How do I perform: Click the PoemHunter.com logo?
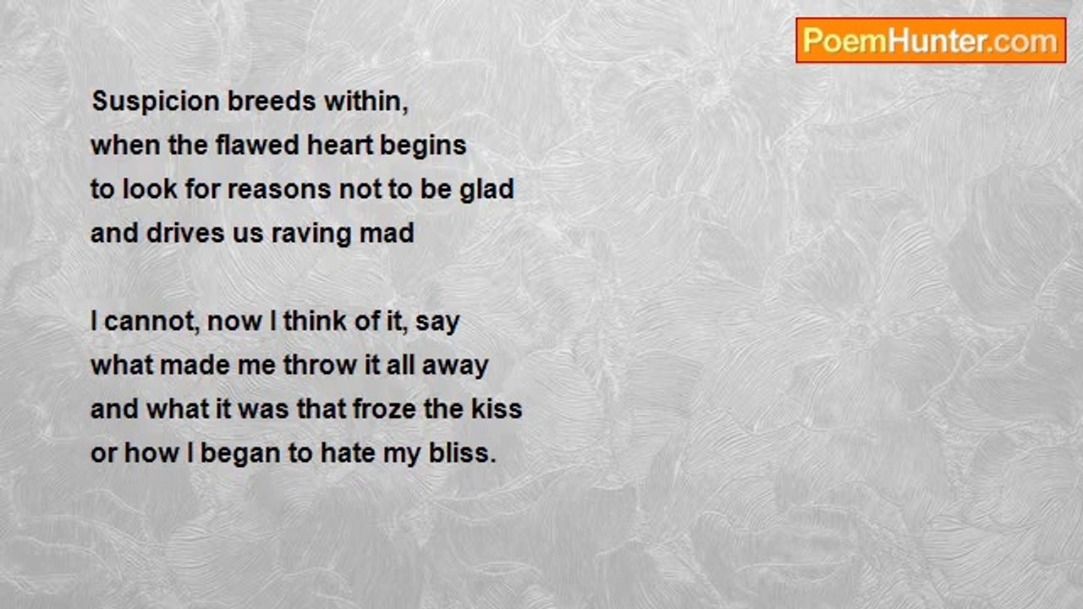coord(931,41)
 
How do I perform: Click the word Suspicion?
coord(156,102)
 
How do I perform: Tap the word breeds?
coord(272,101)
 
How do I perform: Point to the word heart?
coord(340,145)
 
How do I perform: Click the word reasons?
coord(279,189)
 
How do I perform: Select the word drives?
coord(185,233)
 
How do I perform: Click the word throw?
coord(320,365)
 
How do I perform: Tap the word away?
coord(455,367)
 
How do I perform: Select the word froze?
coord(385,409)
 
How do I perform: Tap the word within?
coord(366,102)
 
